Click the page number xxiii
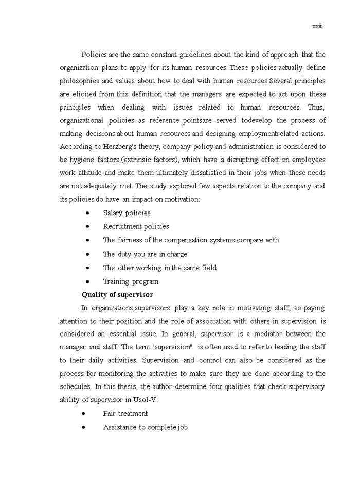coord(317,27)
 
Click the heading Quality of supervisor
coord(117,295)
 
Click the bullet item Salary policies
coord(127,213)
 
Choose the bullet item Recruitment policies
coord(136,226)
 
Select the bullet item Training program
coord(131,281)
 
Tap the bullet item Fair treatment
coord(125,413)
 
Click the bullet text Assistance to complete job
coord(145,427)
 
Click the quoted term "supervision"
coord(169,347)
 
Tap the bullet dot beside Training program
coord(88,281)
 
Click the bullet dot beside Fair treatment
coord(83,413)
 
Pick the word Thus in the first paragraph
coord(315,107)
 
